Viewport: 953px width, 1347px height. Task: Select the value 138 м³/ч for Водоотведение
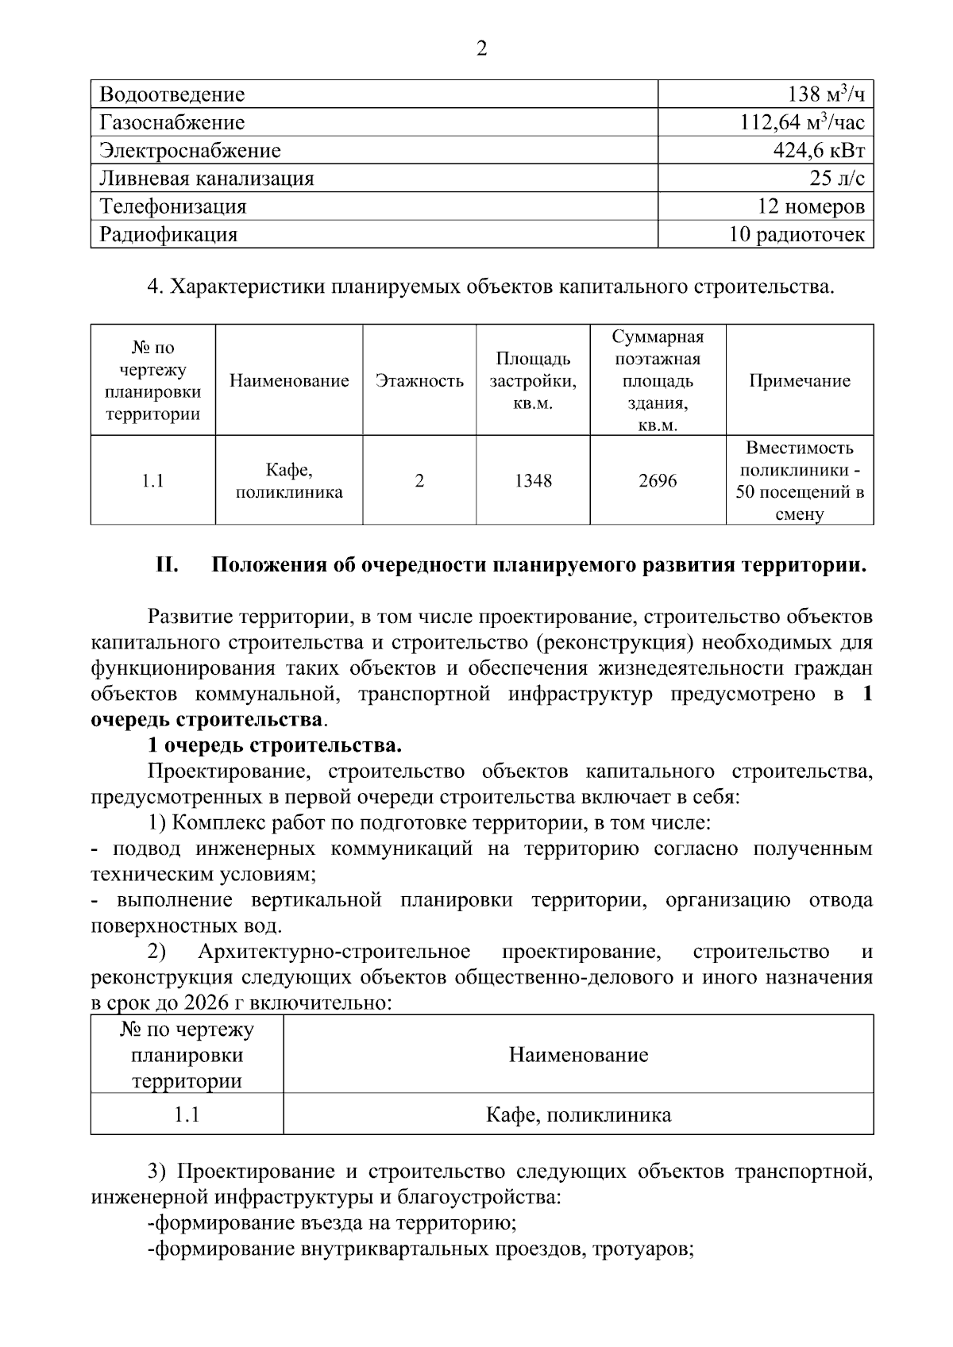point(825,95)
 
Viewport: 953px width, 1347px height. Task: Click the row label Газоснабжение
point(172,123)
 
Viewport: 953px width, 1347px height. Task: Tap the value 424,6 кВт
point(819,151)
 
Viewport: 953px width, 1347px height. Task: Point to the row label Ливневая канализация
point(206,179)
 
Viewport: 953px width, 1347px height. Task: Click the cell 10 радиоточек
point(797,235)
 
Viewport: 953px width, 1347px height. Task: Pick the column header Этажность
point(419,381)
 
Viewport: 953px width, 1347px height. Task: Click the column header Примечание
point(799,381)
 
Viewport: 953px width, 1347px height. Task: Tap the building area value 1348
point(533,481)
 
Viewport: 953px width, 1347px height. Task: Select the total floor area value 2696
point(658,481)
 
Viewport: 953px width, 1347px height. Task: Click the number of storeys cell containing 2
point(419,481)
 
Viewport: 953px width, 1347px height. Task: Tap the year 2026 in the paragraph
point(205,1003)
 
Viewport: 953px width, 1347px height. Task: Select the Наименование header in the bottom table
point(578,1055)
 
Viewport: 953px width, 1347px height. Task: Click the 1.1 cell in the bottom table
point(187,1115)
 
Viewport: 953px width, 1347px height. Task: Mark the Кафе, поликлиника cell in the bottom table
point(578,1115)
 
